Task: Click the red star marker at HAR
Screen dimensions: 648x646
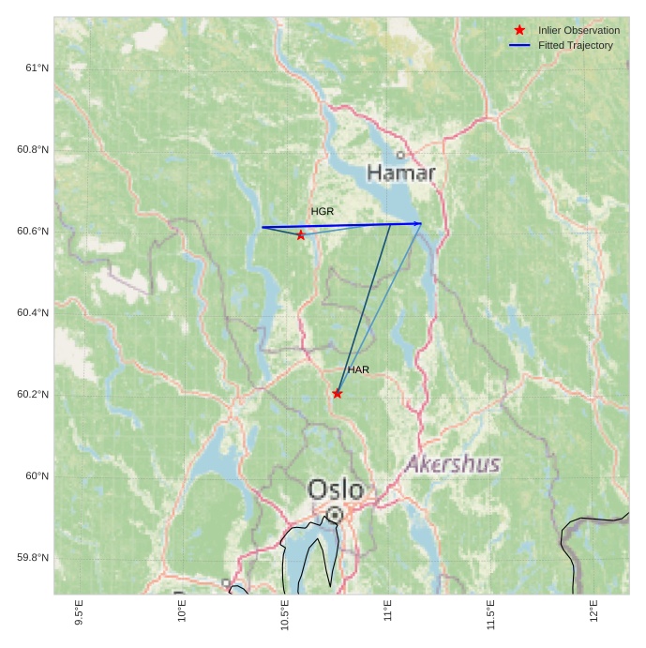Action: (x=338, y=394)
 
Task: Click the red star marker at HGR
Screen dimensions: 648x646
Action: (x=301, y=235)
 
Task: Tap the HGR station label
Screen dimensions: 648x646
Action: (x=323, y=212)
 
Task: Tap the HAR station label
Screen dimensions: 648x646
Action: (x=358, y=370)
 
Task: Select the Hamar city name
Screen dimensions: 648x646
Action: (x=401, y=173)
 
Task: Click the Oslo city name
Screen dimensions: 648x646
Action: (x=336, y=490)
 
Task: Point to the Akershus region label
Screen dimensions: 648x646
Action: (x=453, y=464)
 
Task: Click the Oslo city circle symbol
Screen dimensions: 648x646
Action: (x=335, y=515)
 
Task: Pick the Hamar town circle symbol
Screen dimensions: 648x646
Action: (x=400, y=155)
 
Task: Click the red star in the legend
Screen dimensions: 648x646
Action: (x=519, y=30)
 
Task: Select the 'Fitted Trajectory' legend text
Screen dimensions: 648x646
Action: (x=576, y=45)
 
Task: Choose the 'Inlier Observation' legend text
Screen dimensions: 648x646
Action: (x=578, y=30)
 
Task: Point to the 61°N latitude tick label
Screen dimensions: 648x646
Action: (x=38, y=68)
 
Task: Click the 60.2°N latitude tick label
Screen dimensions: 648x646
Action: (x=33, y=394)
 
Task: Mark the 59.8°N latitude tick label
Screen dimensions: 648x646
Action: (x=33, y=558)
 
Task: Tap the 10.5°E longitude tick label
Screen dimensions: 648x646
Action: (x=285, y=614)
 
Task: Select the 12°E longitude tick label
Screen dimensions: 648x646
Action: (x=593, y=610)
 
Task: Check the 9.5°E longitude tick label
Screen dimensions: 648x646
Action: (x=79, y=611)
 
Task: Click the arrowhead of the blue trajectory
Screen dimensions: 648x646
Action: (x=418, y=223)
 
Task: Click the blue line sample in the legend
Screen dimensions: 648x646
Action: (x=519, y=45)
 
